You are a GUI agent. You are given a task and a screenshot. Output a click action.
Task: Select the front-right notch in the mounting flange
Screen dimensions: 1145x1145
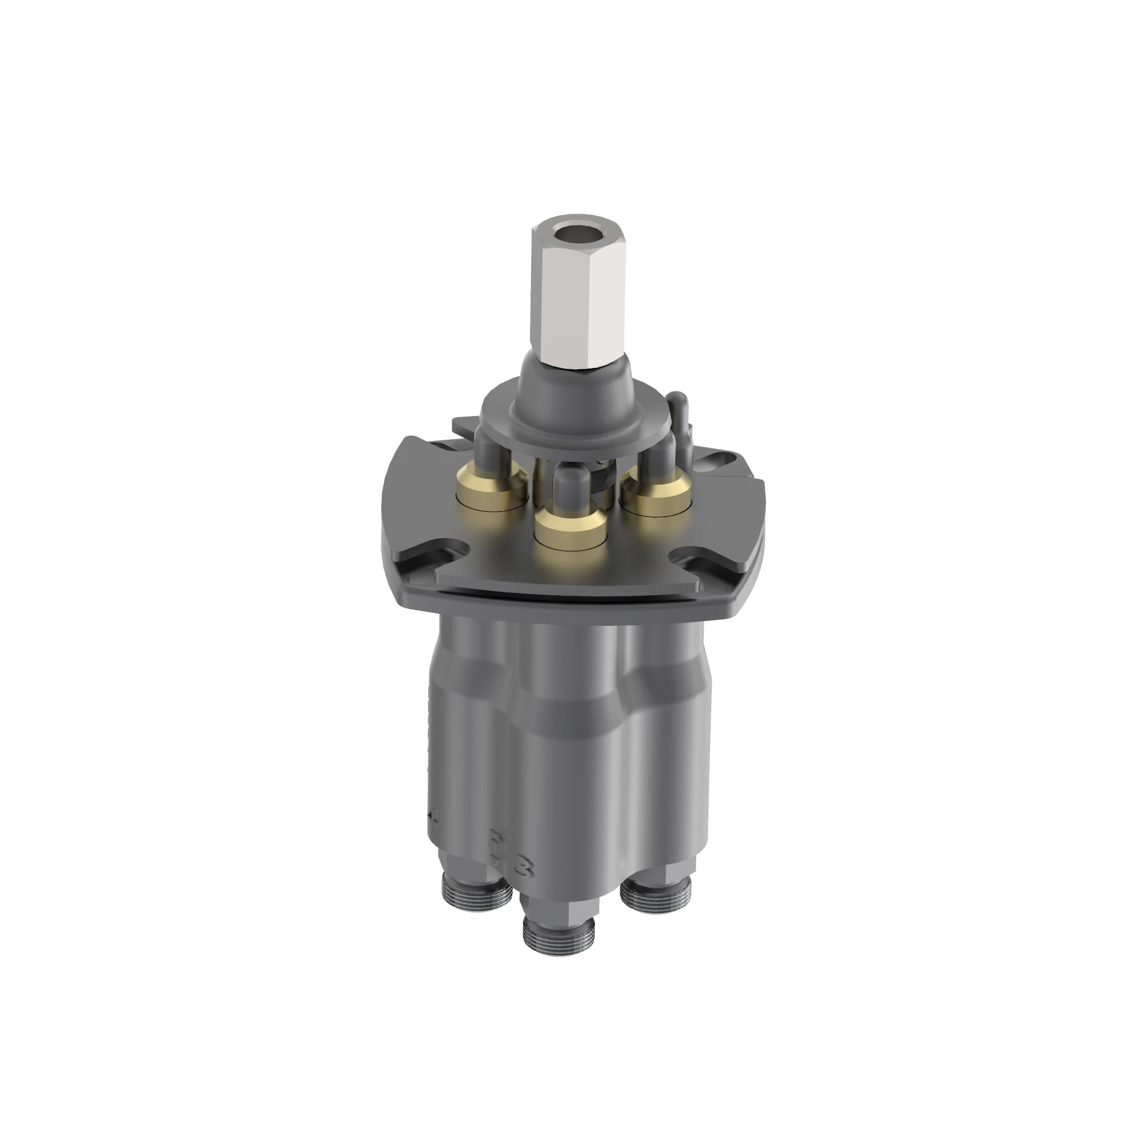click(692, 559)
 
